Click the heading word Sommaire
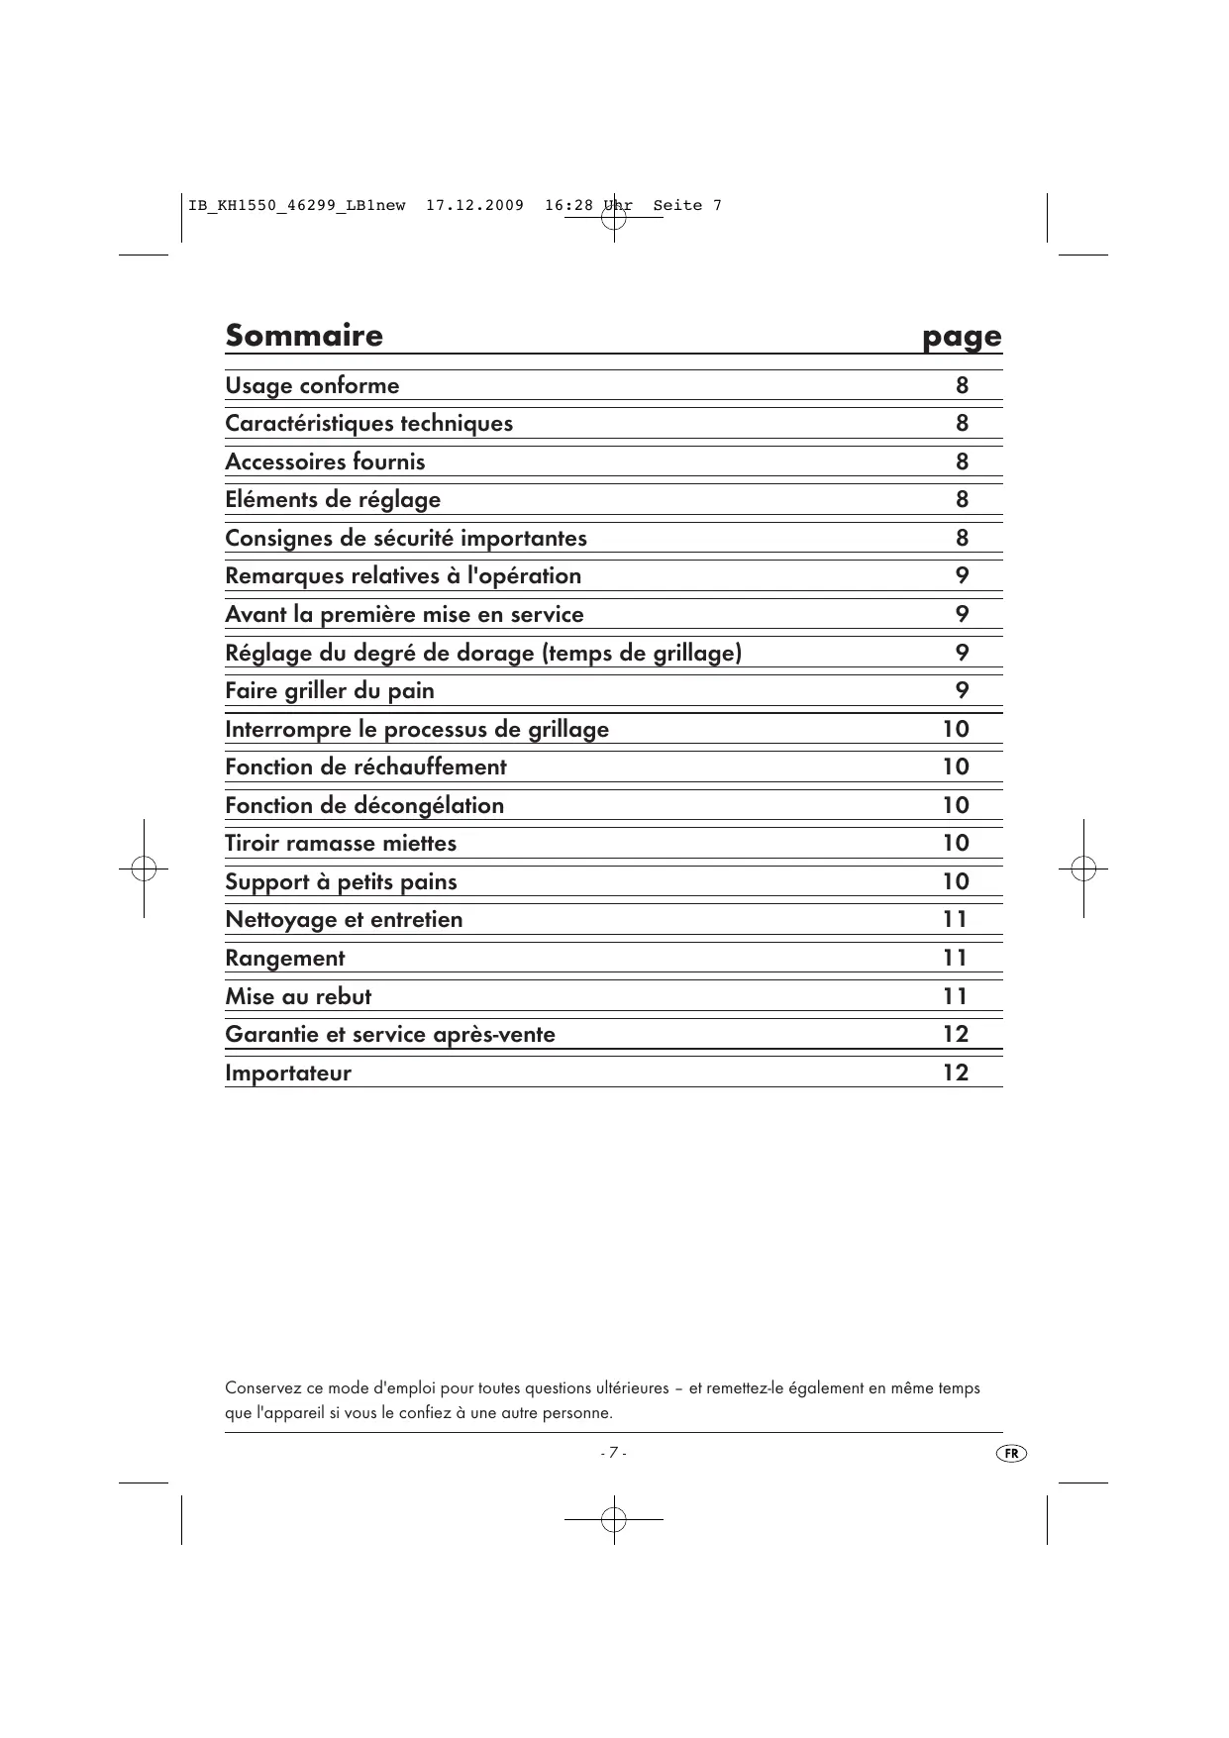pyautogui.click(x=303, y=335)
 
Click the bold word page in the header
pyautogui.click(x=962, y=338)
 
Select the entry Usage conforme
pyautogui.click(x=312, y=385)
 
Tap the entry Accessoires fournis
pyautogui.click(x=325, y=461)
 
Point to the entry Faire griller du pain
pyautogui.click(x=329, y=690)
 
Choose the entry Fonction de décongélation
pyautogui.click(x=364, y=805)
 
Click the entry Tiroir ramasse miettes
pyautogui.click(x=341, y=843)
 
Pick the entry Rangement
pyautogui.click(x=285, y=958)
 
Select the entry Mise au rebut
pyautogui.click(x=298, y=996)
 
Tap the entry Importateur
pyautogui.click(x=288, y=1073)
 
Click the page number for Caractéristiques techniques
pyautogui.click(x=962, y=423)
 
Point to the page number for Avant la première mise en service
pyautogui.click(x=962, y=614)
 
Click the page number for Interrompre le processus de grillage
pyautogui.click(x=956, y=729)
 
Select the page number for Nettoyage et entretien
pyautogui.click(x=956, y=919)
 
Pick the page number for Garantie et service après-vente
pyautogui.click(x=956, y=1034)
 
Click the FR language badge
pyautogui.click(x=1011, y=1454)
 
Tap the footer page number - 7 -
pyautogui.click(x=613, y=1453)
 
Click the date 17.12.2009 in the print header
pyautogui.click(x=474, y=206)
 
